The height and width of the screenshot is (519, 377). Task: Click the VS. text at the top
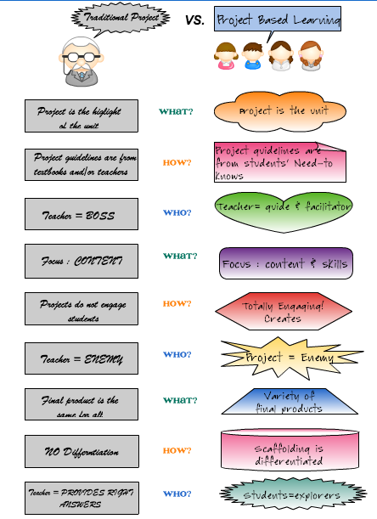194,19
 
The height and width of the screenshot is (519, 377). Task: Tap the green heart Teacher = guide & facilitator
283,207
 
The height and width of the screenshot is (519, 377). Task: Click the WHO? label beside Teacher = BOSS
177,212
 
